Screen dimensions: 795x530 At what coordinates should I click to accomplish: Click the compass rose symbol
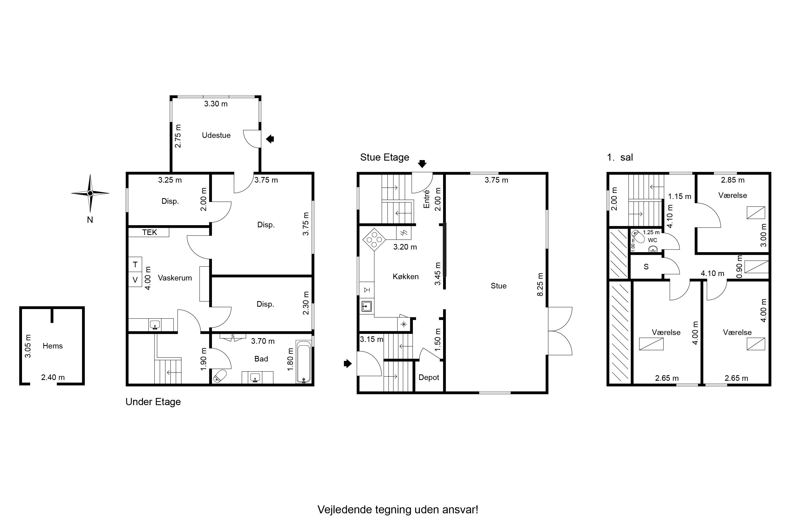click(x=90, y=193)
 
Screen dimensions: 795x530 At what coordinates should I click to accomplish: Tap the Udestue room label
click(x=216, y=135)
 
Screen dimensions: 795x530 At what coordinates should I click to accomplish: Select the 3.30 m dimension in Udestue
click(x=216, y=104)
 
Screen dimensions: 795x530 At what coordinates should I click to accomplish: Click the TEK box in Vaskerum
click(x=149, y=232)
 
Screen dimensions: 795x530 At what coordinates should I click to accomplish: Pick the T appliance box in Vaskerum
click(x=135, y=264)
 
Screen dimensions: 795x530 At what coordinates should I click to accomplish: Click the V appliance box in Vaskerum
click(x=135, y=279)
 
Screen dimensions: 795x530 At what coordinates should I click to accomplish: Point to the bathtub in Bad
click(x=304, y=362)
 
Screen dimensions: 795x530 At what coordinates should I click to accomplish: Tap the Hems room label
click(x=53, y=346)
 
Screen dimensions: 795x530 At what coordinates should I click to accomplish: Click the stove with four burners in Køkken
click(x=374, y=240)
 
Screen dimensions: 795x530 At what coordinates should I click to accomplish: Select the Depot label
click(x=429, y=377)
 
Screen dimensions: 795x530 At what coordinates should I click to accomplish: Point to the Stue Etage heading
click(x=385, y=157)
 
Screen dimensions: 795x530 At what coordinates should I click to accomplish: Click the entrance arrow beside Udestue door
click(x=270, y=139)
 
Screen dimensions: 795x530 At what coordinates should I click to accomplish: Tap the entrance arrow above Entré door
click(x=422, y=164)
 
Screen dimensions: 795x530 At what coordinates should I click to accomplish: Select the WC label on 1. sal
click(x=652, y=240)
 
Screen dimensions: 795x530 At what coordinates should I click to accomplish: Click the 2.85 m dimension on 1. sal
click(x=733, y=180)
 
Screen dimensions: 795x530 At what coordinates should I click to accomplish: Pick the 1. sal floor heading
click(x=620, y=157)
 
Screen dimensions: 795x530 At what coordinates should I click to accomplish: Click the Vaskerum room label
click(x=175, y=278)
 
